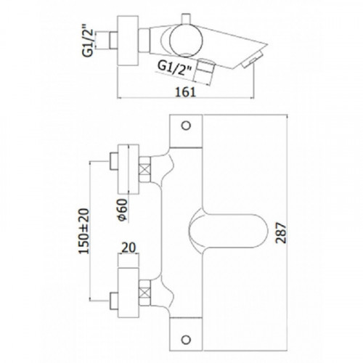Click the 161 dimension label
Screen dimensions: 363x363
185,91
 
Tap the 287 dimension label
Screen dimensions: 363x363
281,233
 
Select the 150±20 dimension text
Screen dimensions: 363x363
84,231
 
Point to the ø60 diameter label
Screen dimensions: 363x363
123,210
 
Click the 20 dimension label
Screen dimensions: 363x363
129,248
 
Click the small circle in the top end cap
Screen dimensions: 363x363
186,126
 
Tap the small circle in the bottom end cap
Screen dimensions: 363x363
186,340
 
